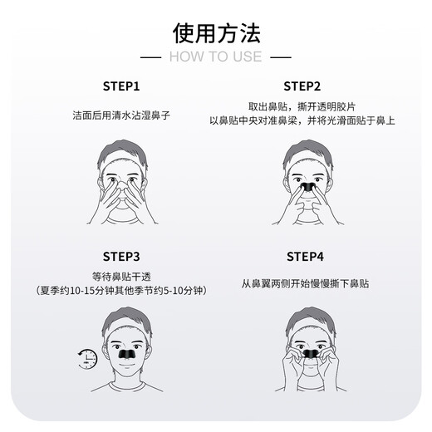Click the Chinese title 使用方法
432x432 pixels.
click(x=216, y=33)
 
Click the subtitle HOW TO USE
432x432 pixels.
click(x=215, y=56)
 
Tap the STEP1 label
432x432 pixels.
click(x=121, y=86)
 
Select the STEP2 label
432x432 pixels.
click(x=302, y=86)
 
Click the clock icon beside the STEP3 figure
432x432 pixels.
click(x=87, y=359)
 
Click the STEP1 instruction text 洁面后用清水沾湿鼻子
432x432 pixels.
click(x=121, y=115)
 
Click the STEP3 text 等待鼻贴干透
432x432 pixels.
click(x=121, y=276)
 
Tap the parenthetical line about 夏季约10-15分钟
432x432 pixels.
click(x=121, y=291)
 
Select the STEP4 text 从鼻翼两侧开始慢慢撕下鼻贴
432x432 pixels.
click(x=304, y=283)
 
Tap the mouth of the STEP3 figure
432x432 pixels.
click(x=125, y=366)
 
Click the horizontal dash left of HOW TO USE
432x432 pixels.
click(x=150, y=57)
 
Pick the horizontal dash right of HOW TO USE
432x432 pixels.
click(x=282, y=57)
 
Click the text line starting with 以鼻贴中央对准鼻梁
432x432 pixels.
click(x=302, y=121)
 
